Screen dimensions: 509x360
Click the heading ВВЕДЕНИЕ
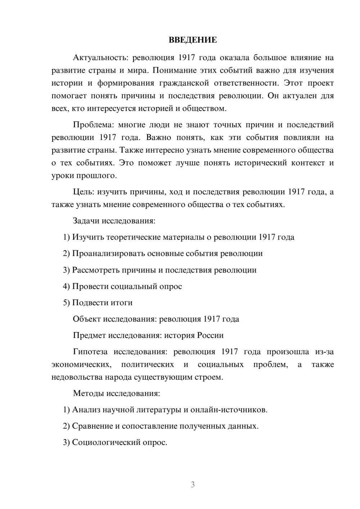click(193, 40)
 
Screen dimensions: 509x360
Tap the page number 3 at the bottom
click(193, 485)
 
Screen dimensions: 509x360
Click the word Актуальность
click(95, 58)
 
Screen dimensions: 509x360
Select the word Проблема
click(90, 125)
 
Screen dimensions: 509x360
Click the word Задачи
click(86, 221)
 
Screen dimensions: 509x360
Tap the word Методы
click(87, 393)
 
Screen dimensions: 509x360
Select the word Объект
click(86, 319)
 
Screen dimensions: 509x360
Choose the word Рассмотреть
click(95, 270)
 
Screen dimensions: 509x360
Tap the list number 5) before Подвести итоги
click(66, 303)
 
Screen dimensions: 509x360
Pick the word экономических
click(81, 365)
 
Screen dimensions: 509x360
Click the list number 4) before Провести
click(66, 287)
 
